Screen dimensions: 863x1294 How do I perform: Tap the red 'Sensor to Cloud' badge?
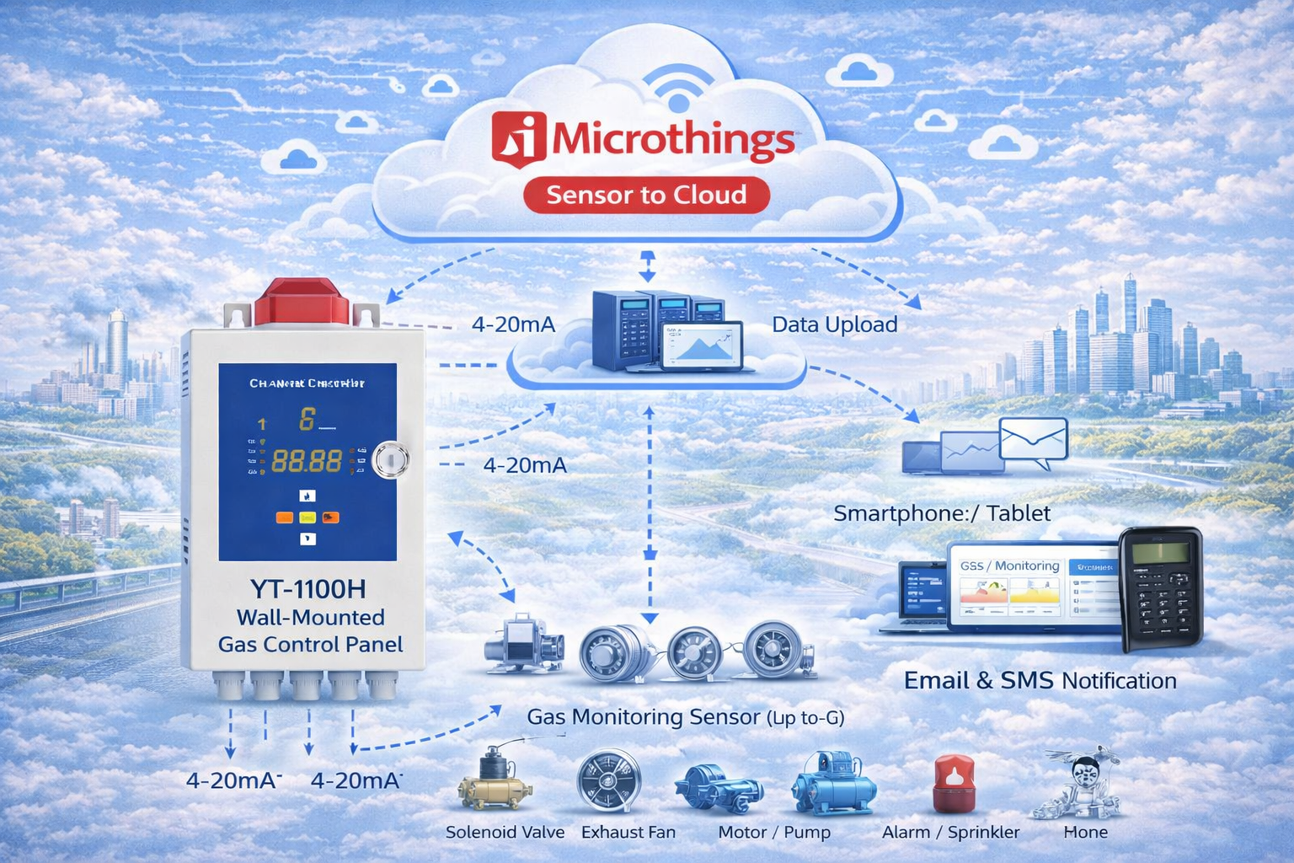pos(646,196)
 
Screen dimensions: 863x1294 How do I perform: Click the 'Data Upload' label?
pos(834,324)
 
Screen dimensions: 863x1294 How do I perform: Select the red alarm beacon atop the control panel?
pos(302,303)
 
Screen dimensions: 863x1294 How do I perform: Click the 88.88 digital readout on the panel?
pos(307,461)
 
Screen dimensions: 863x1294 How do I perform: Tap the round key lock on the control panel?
pos(391,460)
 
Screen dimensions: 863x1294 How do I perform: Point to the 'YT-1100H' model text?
pos(307,588)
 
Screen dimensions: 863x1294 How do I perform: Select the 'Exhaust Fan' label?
pos(628,832)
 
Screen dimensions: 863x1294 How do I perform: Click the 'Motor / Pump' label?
pos(773,832)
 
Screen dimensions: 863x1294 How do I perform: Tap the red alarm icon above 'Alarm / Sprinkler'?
pos(954,783)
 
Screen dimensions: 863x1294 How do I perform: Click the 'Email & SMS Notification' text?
pos(1040,680)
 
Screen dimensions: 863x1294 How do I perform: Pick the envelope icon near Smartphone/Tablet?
pos(1034,442)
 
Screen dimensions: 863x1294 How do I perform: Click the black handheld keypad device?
pos(1160,589)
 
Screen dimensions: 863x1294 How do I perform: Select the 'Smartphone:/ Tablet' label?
pos(941,513)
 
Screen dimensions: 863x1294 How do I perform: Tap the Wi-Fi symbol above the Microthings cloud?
pos(677,89)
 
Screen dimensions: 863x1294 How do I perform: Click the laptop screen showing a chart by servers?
pos(703,346)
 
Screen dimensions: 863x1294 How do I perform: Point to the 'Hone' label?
pos(1085,832)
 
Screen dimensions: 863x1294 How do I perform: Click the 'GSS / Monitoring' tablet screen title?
pos(1009,566)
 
